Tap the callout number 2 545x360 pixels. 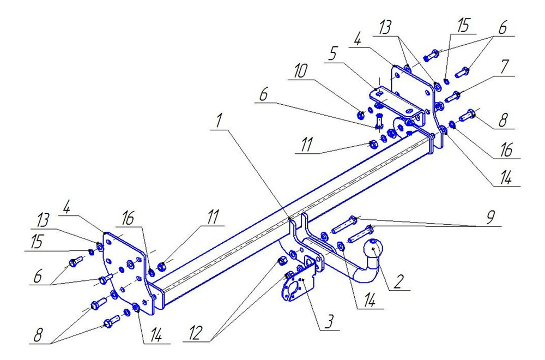coord(399,281)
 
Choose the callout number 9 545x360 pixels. coord(489,218)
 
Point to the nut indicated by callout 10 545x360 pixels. coord(360,115)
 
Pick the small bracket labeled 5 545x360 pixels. coord(387,98)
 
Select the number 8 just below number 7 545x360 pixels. coord(504,119)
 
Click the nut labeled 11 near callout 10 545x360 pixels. coord(373,144)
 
